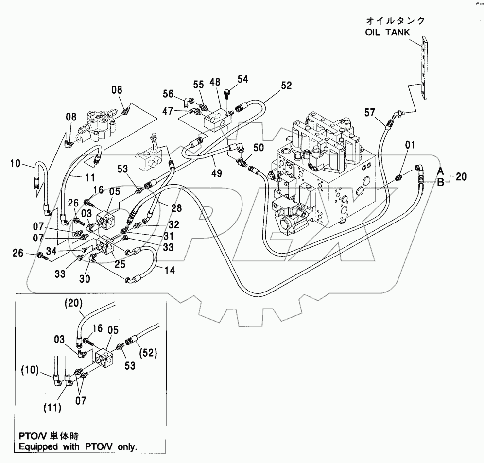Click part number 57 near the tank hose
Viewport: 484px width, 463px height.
pyautogui.click(x=371, y=113)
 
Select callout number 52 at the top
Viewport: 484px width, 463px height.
pyautogui.click(x=286, y=85)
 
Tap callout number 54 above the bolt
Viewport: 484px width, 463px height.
pyautogui.click(x=242, y=79)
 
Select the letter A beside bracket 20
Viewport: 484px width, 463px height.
pyautogui.click(x=440, y=171)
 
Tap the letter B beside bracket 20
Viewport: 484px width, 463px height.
pyautogui.click(x=440, y=183)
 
